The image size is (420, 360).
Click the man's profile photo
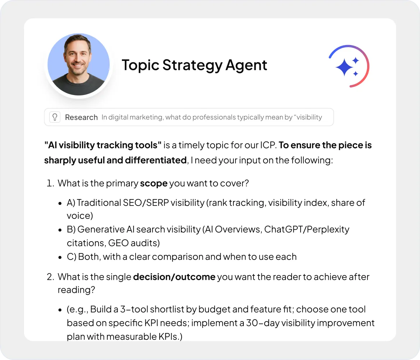click(x=79, y=65)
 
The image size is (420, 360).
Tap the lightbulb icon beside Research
click(x=55, y=117)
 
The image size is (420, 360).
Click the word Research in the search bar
click(x=81, y=117)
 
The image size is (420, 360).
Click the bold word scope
click(x=154, y=183)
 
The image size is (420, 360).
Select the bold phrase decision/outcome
click(x=174, y=277)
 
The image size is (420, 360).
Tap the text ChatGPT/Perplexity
click(x=307, y=229)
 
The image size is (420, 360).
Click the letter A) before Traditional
click(x=71, y=203)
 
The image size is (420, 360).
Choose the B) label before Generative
click(x=71, y=229)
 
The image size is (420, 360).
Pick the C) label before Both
click(x=72, y=257)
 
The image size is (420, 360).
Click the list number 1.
click(x=50, y=183)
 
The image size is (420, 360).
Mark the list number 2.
click(x=50, y=277)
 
